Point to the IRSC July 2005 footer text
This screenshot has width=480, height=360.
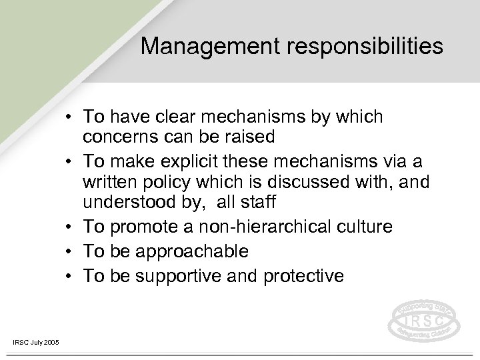(x=35, y=343)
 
